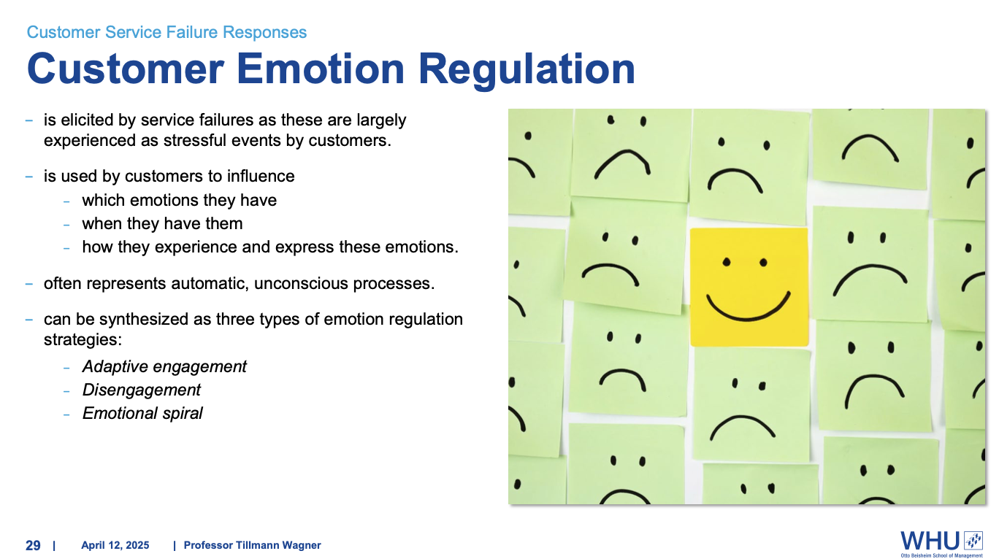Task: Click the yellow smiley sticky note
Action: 749,287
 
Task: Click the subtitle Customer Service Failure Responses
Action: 166,32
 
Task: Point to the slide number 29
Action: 33,545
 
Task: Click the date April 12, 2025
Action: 115,545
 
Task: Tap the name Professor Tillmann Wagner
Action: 252,545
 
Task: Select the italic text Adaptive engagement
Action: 164,366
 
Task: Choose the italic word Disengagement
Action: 141,390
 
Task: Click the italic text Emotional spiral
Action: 142,413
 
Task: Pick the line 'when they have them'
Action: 162,223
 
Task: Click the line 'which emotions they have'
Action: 179,200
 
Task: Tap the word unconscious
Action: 302,283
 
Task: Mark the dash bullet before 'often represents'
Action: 29,283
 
